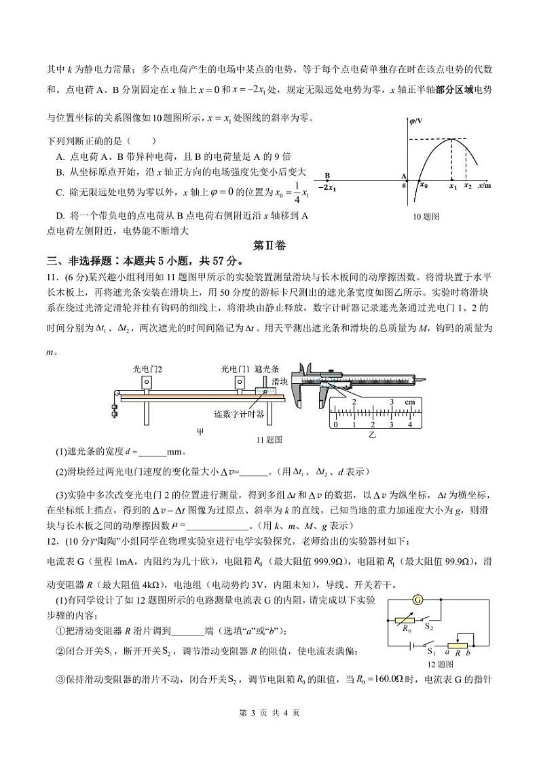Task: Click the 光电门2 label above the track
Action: (147, 370)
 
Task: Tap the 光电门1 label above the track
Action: (235, 370)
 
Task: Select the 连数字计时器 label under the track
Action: (238, 414)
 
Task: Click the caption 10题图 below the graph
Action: (426, 216)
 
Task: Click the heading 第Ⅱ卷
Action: (269, 246)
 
